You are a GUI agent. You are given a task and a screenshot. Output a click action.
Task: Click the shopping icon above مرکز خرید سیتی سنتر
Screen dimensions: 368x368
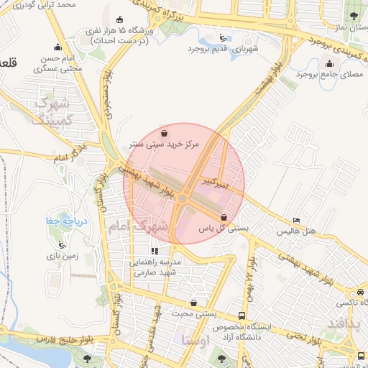pyautogui.click(x=165, y=133)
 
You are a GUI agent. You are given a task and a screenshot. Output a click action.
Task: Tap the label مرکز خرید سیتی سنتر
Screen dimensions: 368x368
pyautogui.click(x=167, y=144)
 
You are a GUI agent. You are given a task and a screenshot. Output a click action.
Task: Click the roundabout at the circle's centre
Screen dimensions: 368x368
pyautogui.click(x=184, y=198)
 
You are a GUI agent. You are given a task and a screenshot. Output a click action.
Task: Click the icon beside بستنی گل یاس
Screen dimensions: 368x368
pyautogui.click(x=224, y=217)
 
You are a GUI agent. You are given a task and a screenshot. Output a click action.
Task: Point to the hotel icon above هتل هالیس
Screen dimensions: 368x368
pyautogui.click(x=297, y=221)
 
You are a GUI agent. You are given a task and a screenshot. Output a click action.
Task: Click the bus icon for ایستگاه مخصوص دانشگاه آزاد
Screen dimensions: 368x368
pyautogui.click(x=242, y=315)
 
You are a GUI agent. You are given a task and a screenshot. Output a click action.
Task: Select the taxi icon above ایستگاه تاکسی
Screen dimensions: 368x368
pyautogui.click(x=359, y=293)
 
